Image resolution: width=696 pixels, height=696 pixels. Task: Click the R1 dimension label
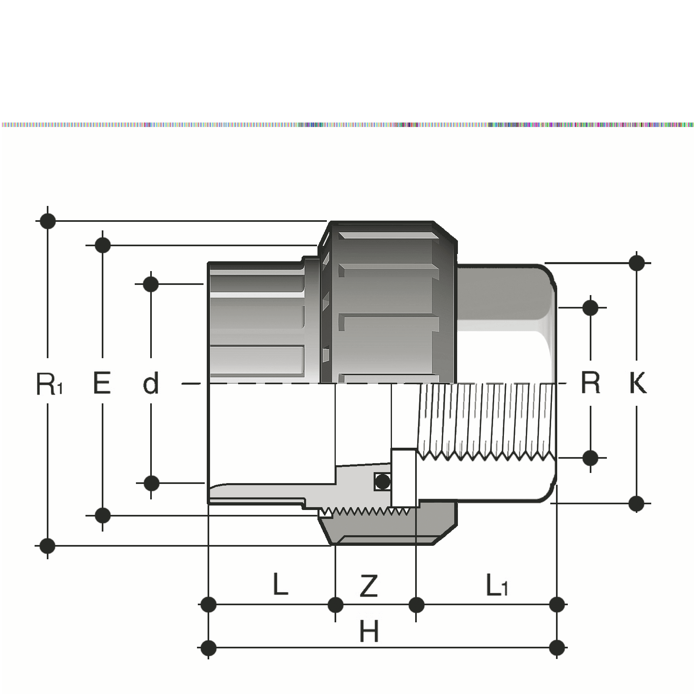pyautogui.click(x=48, y=384)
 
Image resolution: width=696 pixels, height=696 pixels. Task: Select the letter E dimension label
pyautogui.click(x=102, y=383)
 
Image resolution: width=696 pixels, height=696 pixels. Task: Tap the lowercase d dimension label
pyautogui.click(x=151, y=383)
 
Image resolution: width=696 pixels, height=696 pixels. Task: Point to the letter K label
pyautogui.click(x=637, y=383)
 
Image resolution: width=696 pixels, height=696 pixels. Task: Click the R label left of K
pyautogui.click(x=591, y=383)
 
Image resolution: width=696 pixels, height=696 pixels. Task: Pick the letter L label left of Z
pyautogui.click(x=280, y=584)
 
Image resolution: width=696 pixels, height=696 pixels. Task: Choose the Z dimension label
pyautogui.click(x=369, y=586)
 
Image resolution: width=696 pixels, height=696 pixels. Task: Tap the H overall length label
pyautogui.click(x=369, y=631)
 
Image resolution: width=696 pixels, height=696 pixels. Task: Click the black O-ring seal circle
pyautogui.click(x=383, y=482)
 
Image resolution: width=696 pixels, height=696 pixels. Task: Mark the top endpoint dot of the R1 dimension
pyautogui.click(x=48, y=221)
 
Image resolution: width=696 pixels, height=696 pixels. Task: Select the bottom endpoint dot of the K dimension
pyautogui.click(x=637, y=503)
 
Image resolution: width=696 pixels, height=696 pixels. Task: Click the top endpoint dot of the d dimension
pyautogui.click(x=151, y=284)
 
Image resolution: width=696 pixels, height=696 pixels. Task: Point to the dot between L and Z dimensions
pyautogui.click(x=335, y=605)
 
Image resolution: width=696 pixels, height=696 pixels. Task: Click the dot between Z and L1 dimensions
pyautogui.click(x=416, y=605)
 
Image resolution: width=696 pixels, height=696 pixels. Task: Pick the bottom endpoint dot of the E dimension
pyautogui.click(x=103, y=515)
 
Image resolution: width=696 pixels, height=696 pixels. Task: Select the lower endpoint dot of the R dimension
pyautogui.click(x=591, y=458)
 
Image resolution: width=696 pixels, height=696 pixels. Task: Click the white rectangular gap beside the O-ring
pyautogui.click(x=404, y=477)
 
